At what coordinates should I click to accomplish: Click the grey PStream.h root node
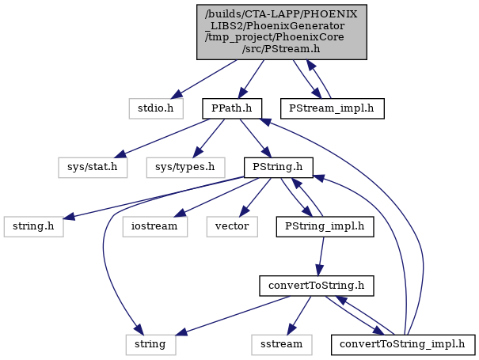[281, 32]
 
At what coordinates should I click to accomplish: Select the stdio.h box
[156, 108]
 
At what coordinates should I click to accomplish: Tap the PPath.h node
[232, 108]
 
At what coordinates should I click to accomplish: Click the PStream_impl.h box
[332, 108]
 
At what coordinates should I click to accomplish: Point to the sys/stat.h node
[93, 167]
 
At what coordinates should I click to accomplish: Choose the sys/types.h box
[185, 167]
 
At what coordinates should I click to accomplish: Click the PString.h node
[279, 167]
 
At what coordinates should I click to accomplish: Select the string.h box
[33, 226]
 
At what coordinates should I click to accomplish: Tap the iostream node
[155, 226]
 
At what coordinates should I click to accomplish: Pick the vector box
[232, 226]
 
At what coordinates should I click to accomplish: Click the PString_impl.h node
[325, 226]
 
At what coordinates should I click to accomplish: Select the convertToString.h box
[317, 286]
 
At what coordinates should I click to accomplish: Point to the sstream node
[282, 345]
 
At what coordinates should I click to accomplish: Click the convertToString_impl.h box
[403, 345]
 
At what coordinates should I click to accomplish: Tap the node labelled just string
[150, 345]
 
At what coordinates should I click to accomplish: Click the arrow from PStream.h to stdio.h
[203, 79]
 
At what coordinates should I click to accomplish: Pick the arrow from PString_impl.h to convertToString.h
[321, 256]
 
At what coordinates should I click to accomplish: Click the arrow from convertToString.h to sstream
[299, 316]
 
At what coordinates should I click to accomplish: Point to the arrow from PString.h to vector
[256, 197]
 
